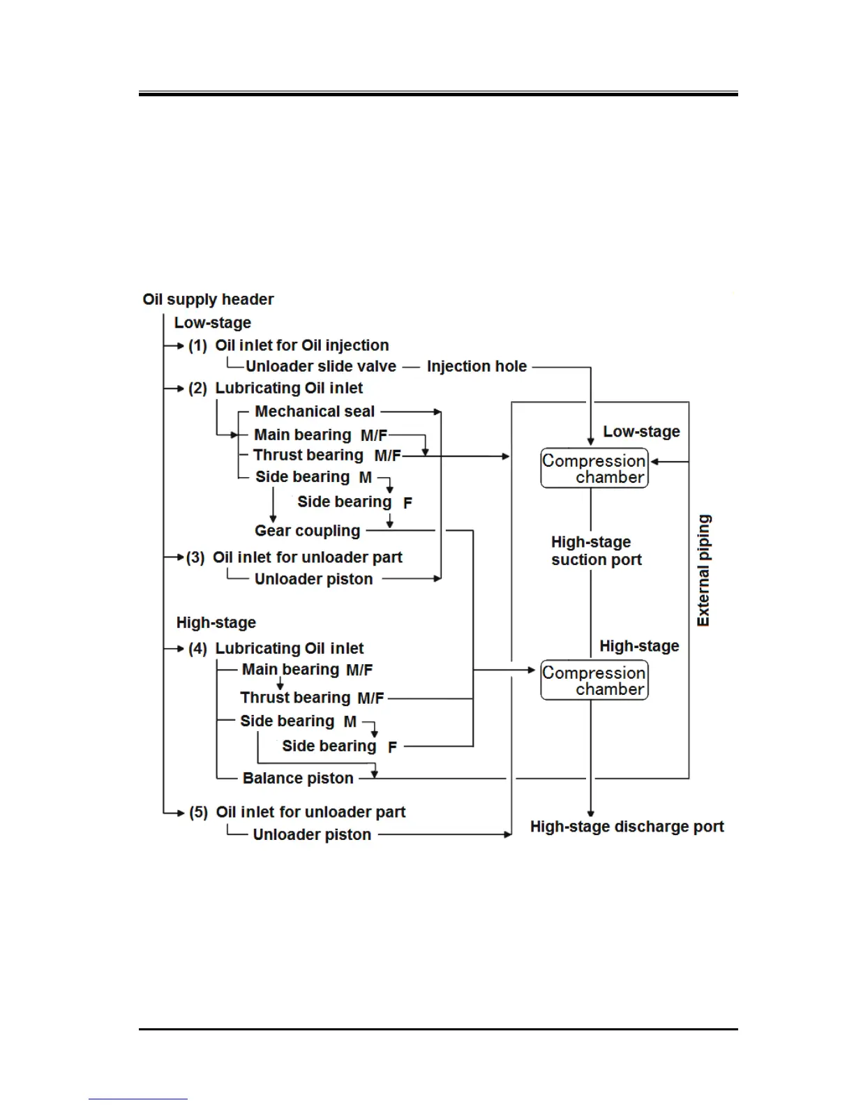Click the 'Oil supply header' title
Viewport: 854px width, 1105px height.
point(208,299)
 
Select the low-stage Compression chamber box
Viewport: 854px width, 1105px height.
point(594,469)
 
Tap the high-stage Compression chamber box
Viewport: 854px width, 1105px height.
point(594,680)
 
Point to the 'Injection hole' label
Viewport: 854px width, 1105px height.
point(477,366)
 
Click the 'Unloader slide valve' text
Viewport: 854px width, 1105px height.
point(320,366)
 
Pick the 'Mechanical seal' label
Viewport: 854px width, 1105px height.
point(315,412)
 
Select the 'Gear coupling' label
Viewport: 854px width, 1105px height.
point(307,531)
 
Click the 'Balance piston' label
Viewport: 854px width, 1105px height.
point(298,778)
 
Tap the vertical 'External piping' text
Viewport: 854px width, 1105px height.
point(703,570)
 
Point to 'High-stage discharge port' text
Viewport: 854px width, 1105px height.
point(627,827)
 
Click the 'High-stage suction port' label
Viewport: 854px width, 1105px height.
point(595,550)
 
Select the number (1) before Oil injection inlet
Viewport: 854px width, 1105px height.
point(197,345)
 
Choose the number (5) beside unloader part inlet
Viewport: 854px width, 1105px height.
point(198,812)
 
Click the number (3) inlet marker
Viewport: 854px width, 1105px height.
point(195,557)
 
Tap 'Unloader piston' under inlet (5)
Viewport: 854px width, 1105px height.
point(312,834)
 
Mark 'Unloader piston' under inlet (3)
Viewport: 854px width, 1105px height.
point(313,579)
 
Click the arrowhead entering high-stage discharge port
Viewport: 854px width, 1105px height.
point(591,813)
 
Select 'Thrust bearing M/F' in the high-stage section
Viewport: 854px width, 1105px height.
point(312,698)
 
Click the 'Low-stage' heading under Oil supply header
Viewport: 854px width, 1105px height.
point(212,322)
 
